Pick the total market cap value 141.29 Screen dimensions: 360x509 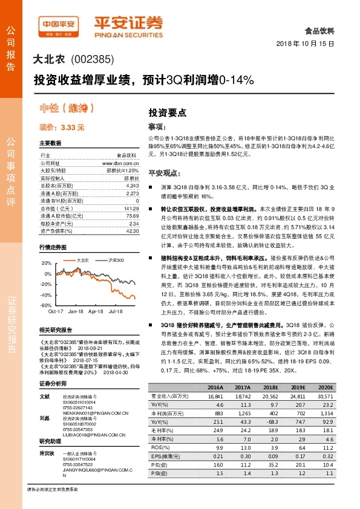click(131, 208)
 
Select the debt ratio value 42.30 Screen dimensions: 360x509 click(132, 230)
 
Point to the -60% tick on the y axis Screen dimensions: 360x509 click(46, 306)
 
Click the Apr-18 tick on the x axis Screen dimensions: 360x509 click(96, 313)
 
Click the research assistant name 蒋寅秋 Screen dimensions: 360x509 click(48, 453)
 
